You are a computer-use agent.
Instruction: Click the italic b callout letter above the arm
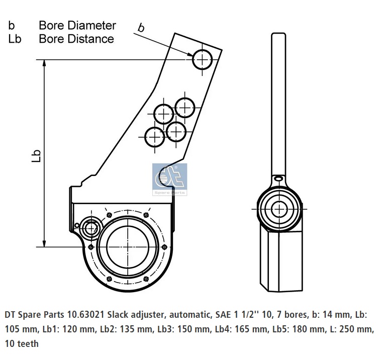click(x=141, y=28)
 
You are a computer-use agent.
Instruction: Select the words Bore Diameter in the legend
click(x=77, y=25)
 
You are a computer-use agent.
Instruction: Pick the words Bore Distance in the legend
click(x=76, y=39)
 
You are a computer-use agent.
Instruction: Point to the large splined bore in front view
click(x=129, y=249)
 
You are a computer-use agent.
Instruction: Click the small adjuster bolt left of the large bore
click(x=91, y=228)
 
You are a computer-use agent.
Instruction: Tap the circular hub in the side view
click(x=278, y=208)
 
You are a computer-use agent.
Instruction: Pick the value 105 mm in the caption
click(x=21, y=330)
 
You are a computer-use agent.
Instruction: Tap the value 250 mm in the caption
click(x=357, y=330)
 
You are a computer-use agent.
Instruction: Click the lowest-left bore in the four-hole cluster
click(x=155, y=136)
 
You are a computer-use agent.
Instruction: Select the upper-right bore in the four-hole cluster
click(x=185, y=107)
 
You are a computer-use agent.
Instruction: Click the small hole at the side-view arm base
click(x=278, y=177)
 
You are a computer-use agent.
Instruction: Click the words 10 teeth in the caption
click(x=22, y=344)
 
